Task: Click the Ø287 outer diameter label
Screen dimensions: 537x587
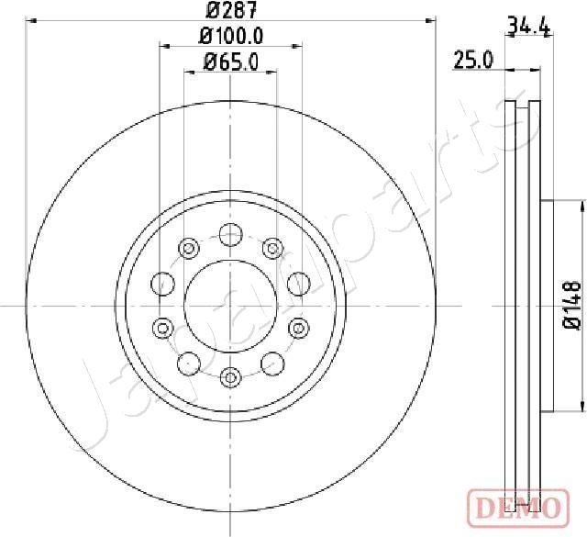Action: pos(229,10)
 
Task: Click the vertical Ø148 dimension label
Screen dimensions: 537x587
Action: pos(570,305)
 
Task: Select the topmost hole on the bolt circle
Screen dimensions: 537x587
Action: pos(230,236)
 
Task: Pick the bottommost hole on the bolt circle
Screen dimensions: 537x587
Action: pos(230,375)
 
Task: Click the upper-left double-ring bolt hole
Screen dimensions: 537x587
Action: pos(189,247)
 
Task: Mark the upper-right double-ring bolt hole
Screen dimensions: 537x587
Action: pos(271,247)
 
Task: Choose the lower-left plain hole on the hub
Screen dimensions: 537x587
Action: pos(189,363)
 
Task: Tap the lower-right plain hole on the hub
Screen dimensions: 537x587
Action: pos(271,363)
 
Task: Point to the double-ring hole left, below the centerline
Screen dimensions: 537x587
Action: pos(162,326)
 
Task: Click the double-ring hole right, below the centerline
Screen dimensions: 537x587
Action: pos(297,326)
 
